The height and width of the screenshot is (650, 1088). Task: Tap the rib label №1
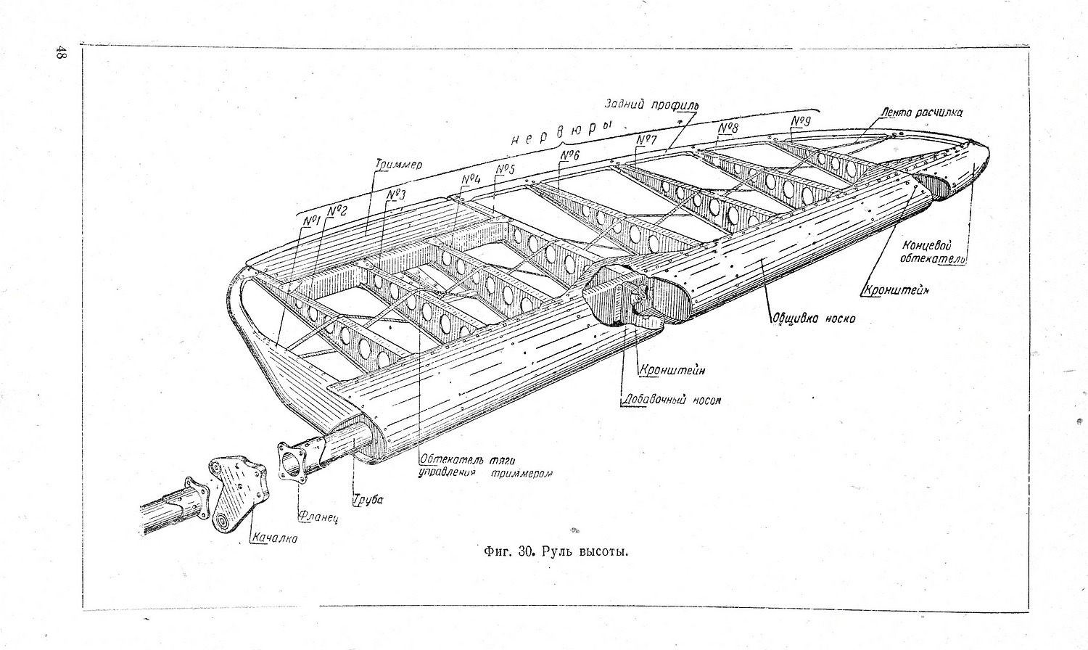tap(312, 221)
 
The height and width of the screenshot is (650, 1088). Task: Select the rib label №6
tap(570, 156)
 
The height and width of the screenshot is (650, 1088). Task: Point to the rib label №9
tap(800, 121)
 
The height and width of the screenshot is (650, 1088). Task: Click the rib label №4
tap(471, 179)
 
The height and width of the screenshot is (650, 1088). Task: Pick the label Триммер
tap(398, 165)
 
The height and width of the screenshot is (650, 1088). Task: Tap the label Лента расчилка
tap(922, 112)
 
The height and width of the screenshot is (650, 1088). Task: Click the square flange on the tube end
tap(295, 461)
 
